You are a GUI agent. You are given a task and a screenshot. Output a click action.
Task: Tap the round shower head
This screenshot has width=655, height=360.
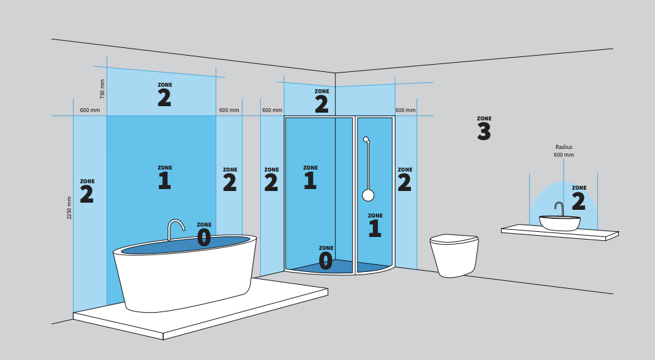point(368,196)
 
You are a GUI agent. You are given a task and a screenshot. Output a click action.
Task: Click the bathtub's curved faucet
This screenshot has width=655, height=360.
point(176,230)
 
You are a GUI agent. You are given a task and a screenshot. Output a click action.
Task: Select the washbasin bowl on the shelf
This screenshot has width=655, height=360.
point(560,223)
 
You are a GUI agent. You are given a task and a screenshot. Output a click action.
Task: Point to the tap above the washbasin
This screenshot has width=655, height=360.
point(560,208)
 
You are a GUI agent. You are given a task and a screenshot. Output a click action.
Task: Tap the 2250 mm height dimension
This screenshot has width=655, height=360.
point(69,208)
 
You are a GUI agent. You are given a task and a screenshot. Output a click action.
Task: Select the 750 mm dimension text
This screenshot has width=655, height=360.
point(102,89)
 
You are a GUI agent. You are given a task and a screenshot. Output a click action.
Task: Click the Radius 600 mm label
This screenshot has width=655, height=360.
point(564,151)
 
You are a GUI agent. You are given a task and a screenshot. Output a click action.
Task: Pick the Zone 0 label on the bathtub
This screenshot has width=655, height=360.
point(204,234)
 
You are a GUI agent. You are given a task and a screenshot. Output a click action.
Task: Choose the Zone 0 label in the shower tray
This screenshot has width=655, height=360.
point(326,258)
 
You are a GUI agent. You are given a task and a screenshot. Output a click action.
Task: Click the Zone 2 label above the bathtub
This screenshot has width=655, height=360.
point(164,95)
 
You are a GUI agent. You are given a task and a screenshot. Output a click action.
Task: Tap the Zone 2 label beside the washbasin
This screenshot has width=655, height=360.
point(579,197)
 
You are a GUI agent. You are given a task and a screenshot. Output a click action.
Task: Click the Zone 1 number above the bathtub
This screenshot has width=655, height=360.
point(164,181)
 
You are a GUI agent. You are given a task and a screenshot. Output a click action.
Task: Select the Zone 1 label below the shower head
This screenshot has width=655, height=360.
point(375,225)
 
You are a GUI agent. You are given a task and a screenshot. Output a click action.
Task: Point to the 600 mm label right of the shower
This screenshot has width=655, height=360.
point(406,110)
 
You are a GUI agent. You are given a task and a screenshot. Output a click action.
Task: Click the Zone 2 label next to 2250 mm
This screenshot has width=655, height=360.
point(87,191)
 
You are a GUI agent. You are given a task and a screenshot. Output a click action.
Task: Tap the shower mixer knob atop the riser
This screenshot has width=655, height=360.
point(366,139)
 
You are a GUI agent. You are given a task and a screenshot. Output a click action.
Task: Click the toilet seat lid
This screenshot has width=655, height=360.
point(454,239)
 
